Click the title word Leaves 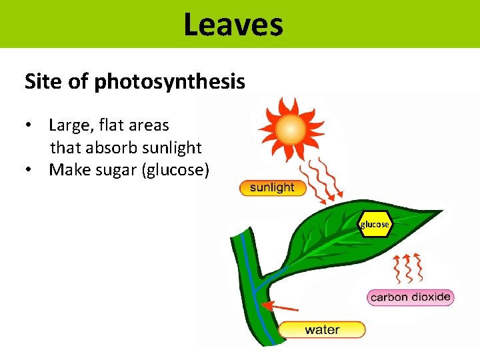(x=233, y=24)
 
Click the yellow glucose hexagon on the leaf (x=375, y=225)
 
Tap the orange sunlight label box (x=271, y=188)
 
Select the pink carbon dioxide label (x=410, y=297)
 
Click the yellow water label (x=322, y=329)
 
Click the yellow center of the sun (x=291, y=129)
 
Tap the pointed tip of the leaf (x=442, y=211)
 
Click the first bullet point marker (x=29, y=126)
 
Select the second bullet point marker (x=29, y=171)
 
